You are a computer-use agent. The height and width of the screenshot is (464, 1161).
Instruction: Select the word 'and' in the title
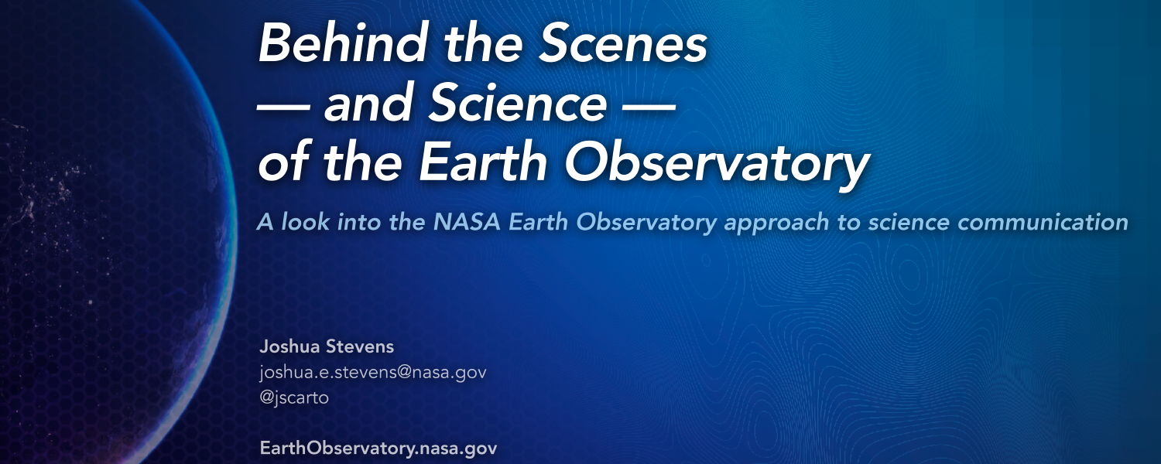[x=368, y=103]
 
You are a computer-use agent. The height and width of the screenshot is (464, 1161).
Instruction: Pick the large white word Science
[x=518, y=103]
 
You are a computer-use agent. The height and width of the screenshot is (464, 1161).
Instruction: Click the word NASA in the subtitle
[x=467, y=222]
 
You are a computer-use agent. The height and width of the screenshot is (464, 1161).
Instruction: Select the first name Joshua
[x=289, y=346]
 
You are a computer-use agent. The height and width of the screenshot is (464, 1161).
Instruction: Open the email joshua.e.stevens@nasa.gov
[x=372, y=372]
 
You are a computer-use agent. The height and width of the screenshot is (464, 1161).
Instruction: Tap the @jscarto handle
[x=294, y=397]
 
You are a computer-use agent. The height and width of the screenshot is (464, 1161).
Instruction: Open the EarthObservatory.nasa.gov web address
[x=378, y=448]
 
